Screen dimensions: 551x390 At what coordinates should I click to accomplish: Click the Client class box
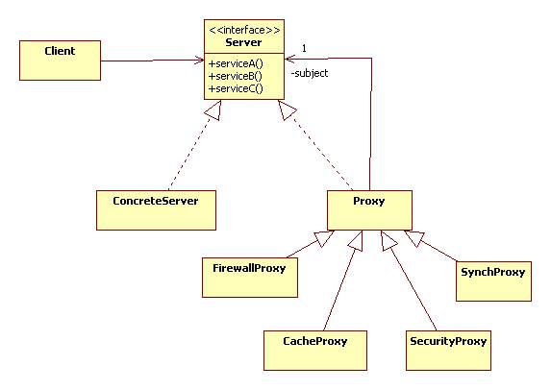[60, 61]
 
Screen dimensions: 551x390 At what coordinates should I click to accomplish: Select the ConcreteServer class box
[156, 210]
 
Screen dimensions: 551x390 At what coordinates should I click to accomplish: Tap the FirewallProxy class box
[250, 278]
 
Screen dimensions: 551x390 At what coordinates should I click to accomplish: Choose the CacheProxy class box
[315, 351]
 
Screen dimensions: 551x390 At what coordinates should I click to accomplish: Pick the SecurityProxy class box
[448, 351]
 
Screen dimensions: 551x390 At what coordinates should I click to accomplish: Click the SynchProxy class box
[493, 281]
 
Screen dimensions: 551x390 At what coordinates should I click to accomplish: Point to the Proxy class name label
[369, 201]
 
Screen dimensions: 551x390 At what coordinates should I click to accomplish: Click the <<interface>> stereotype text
[244, 30]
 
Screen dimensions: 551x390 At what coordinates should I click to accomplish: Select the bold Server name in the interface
[243, 42]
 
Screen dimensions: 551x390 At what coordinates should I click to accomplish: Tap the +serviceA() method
[236, 64]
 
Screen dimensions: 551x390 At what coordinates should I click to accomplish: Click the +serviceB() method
[235, 76]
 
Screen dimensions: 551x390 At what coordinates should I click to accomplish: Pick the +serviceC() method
[236, 88]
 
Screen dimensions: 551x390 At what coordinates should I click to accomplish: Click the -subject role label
[310, 73]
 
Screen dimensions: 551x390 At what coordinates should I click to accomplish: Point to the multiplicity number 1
[304, 48]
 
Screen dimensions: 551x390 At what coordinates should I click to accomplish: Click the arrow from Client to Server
[153, 61]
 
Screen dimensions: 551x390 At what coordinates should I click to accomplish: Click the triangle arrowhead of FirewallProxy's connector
[325, 238]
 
